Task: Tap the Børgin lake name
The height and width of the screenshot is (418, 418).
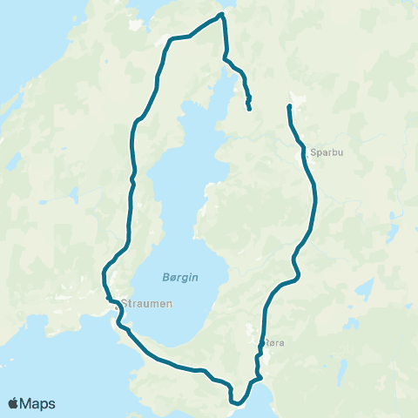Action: [180, 276]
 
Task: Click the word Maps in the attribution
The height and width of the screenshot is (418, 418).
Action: [38, 403]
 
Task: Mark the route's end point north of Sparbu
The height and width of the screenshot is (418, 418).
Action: [288, 106]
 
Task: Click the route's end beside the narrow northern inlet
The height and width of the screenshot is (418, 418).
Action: [250, 109]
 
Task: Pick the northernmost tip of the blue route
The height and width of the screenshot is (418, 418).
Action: [222, 14]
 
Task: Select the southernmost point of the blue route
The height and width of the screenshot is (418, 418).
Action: [235, 403]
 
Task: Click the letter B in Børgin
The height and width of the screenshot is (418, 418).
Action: [165, 276]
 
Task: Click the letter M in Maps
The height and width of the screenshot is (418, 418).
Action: [29, 403]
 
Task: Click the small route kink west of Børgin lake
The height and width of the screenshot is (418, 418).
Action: [131, 179]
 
